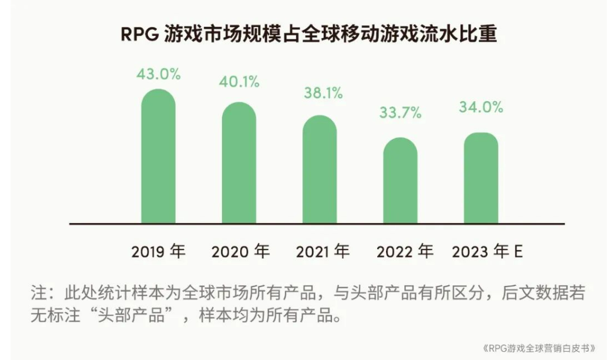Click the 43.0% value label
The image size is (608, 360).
click(159, 75)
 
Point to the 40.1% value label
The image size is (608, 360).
click(239, 82)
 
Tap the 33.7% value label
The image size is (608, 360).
click(400, 113)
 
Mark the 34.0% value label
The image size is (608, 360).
click(481, 107)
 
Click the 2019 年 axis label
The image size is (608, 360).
click(158, 252)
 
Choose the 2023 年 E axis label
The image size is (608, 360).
click(487, 252)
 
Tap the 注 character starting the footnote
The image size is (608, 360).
click(37, 292)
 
